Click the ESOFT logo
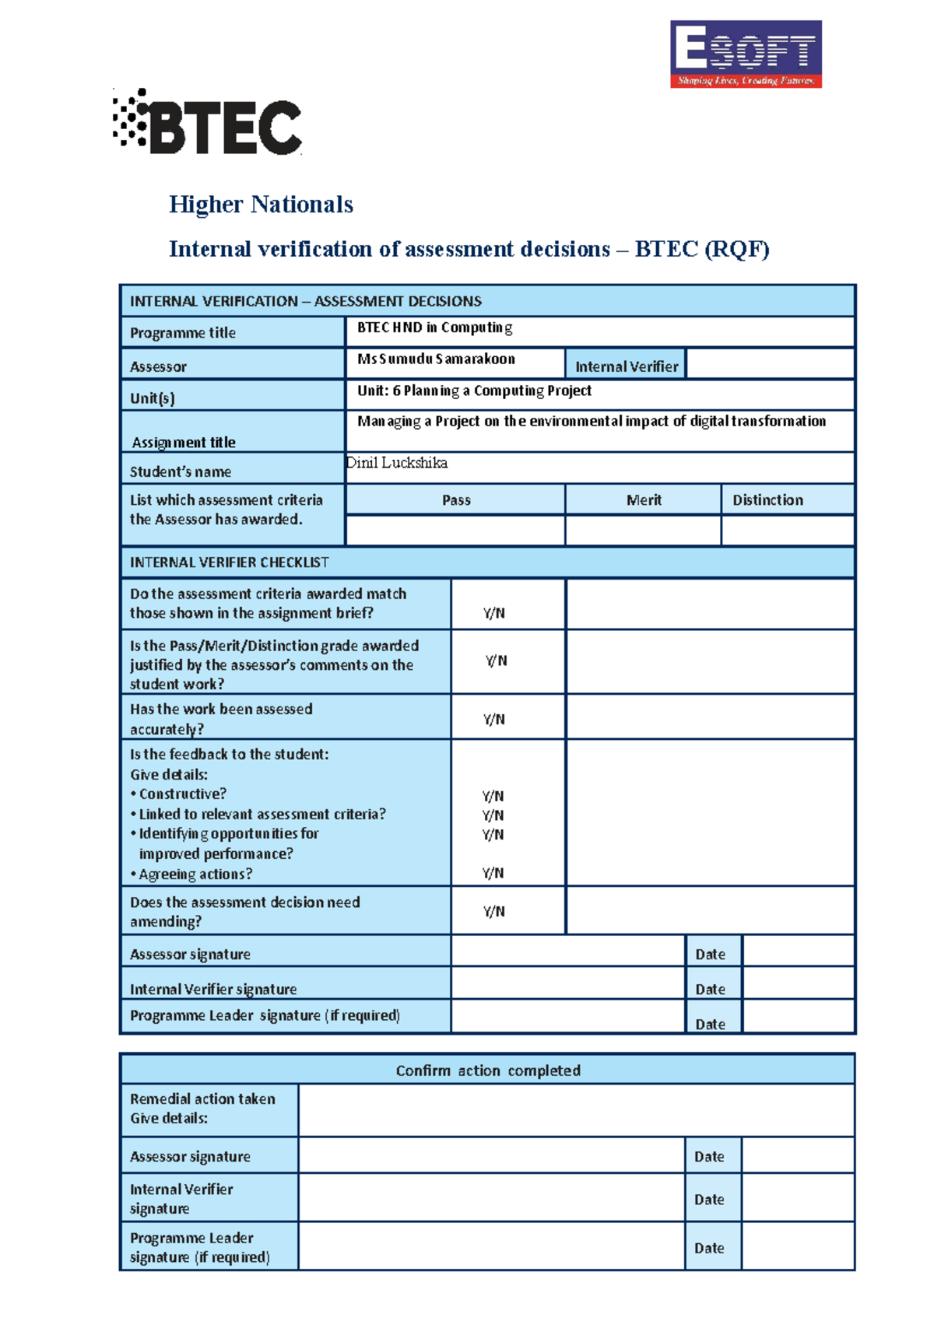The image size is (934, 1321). click(x=746, y=54)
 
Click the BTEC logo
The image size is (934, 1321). click(x=208, y=123)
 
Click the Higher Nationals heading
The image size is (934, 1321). click(x=261, y=205)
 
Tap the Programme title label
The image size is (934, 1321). click(x=183, y=333)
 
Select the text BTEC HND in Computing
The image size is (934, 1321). click(x=434, y=328)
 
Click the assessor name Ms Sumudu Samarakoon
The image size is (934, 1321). click(x=436, y=359)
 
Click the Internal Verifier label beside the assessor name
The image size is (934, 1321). click(x=627, y=366)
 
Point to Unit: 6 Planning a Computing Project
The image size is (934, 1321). click(x=474, y=391)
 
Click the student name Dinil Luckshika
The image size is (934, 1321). click(x=397, y=463)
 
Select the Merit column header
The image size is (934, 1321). click(x=644, y=500)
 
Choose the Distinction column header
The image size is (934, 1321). click(x=767, y=500)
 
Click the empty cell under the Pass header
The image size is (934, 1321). click(x=455, y=530)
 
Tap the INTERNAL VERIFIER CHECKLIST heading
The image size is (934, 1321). click(x=230, y=562)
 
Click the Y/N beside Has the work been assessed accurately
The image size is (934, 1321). click(x=493, y=720)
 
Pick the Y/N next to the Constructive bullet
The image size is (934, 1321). click(x=493, y=796)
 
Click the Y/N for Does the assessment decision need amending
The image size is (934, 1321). click(x=493, y=911)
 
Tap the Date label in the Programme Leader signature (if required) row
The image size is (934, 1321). click(x=710, y=1024)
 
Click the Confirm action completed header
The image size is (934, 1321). click(x=488, y=1070)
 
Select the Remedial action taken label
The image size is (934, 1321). click(x=202, y=1099)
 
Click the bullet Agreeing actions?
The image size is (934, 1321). click(x=195, y=874)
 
